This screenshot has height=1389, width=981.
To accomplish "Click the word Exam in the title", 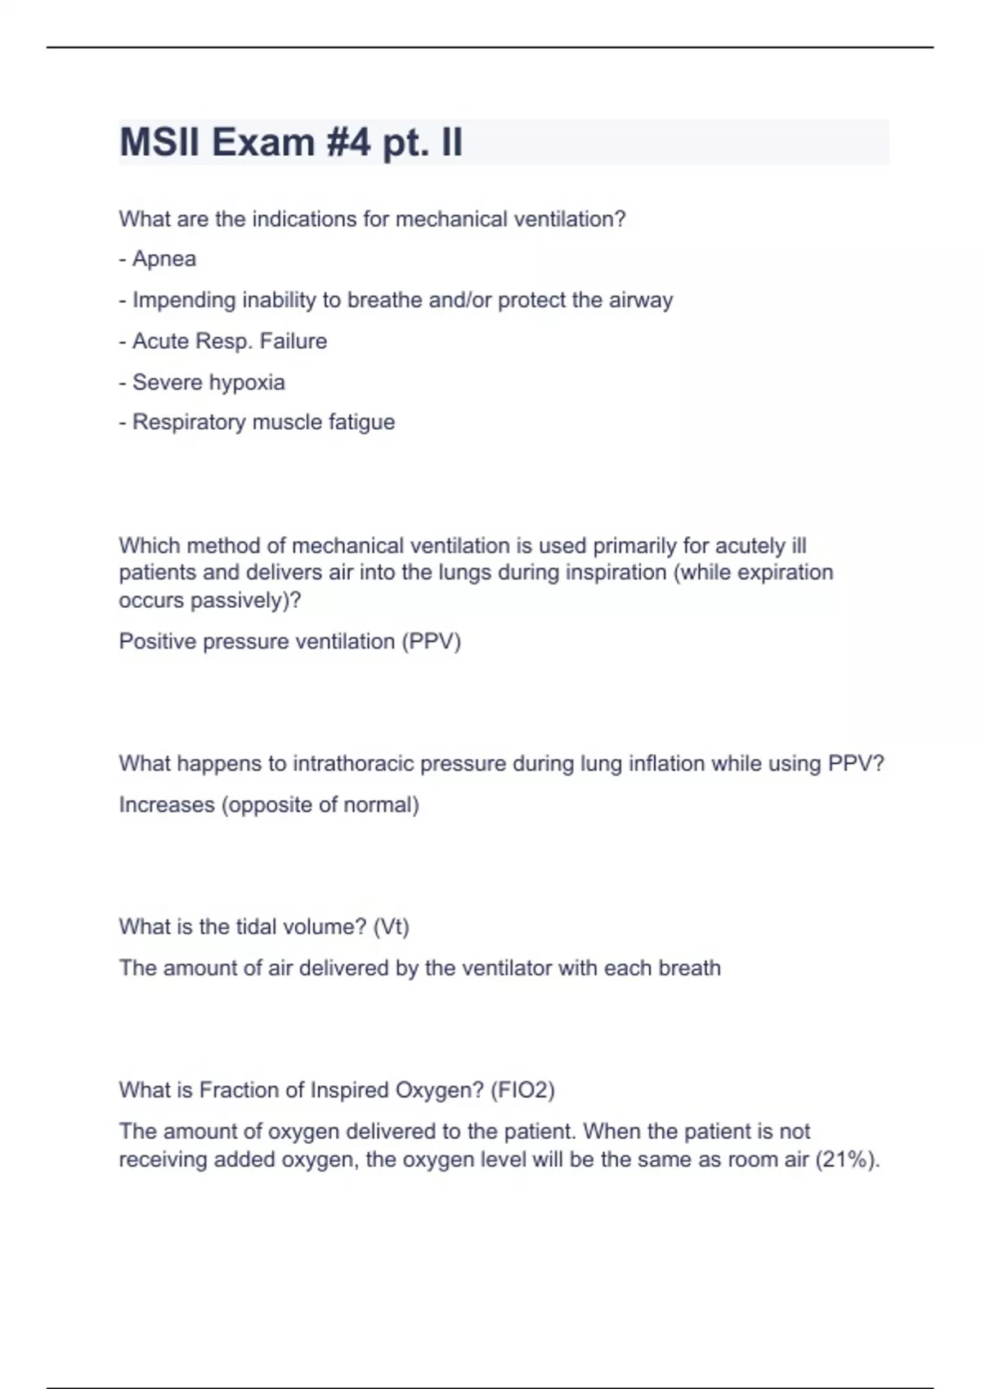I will point(264,142).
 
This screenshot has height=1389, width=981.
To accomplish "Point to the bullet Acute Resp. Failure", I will point(223,341).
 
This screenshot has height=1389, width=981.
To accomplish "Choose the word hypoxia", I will point(247,382).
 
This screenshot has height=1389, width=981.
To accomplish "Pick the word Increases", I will point(167,805).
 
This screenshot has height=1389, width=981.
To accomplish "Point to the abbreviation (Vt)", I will point(391,927).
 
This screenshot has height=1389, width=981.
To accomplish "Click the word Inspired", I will point(350,1091).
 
